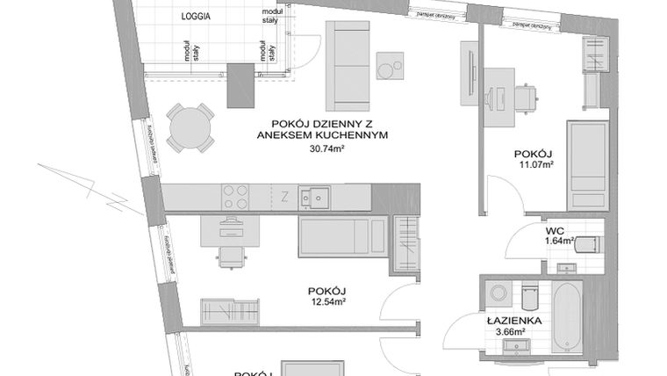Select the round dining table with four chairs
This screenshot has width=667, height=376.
(191, 128)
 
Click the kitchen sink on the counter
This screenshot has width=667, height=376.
(313, 198)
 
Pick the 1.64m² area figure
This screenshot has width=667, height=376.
(558, 240)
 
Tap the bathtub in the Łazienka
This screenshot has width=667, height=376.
(568, 315)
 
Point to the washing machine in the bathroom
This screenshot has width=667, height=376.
(498, 293)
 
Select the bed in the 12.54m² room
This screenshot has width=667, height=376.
(339, 236)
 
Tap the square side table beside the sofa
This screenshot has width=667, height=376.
(390, 66)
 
